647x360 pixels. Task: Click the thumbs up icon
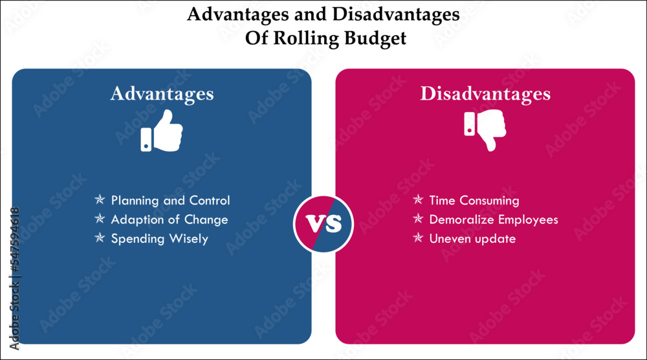click(x=162, y=131)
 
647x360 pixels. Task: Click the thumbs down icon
click(x=485, y=131)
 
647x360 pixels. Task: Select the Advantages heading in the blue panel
click(x=162, y=94)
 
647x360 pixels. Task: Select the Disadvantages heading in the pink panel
click(x=485, y=94)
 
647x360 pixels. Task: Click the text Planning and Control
click(x=170, y=201)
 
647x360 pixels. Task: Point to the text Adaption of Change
click(x=169, y=219)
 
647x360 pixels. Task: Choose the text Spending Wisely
click(x=159, y=239)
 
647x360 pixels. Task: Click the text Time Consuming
click(x=474, y=201)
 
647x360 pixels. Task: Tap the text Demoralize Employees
click(x=494, y=219)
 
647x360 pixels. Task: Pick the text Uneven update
click(x=472, y=239)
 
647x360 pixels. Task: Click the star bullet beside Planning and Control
click(x=100, y=200)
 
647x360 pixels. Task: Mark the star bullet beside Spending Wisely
click(x=100, y=238)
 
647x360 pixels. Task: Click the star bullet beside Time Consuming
click(x=418, y=200)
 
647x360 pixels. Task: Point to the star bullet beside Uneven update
click(x=418, y=238)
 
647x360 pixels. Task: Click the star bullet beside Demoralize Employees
click(x=418, y=219)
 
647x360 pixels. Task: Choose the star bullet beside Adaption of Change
click(x=100, y=219)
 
